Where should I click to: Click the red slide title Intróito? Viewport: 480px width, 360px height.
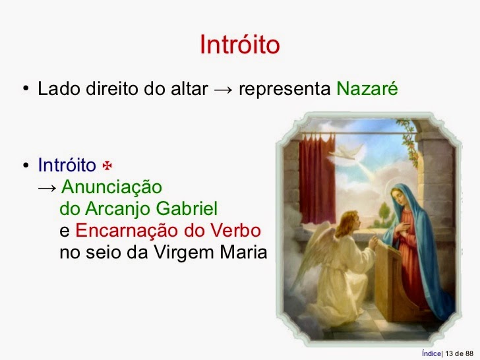pyautogui.click(x=239, y=44)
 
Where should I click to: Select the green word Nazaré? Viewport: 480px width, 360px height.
pyautogui.click(x=367, y=89)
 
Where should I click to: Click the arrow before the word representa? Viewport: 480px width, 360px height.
pyautogui.click(x=223, y=90)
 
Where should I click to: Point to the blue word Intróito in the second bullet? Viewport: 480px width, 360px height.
pyautogui.click(x=67, y=164)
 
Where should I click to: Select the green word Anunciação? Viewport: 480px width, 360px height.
pyautogui.click(x=111, y=187)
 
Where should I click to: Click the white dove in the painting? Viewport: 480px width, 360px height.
pyautogui.click(x=350, y=154)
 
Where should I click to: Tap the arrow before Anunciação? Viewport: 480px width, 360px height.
pyautogui.click(x=47, y=187)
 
